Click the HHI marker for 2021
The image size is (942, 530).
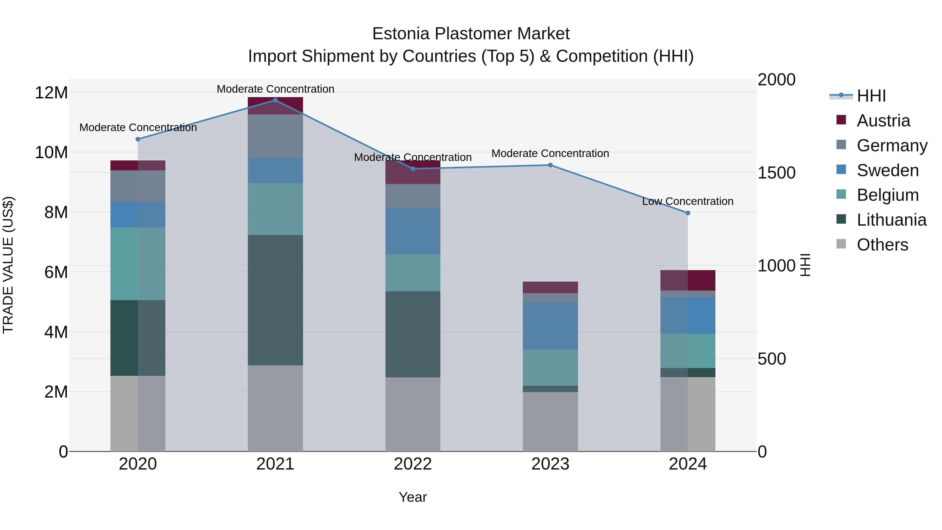click(275, 100)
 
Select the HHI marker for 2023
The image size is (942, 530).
click(550, 165)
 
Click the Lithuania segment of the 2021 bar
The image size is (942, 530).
click(275, 300)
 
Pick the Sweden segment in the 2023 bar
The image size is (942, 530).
click(550, 326)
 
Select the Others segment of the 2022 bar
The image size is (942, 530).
click(413, 414)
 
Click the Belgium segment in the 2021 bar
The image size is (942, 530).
click(275, 209)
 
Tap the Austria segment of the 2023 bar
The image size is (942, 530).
click(550, 287)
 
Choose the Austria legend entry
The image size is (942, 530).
click(883, 121)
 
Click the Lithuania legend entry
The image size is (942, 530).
click(891, 220)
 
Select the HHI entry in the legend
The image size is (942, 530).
click(871, 96)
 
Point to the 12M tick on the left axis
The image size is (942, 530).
click(51, 93)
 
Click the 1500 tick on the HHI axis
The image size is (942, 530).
click(776, 173)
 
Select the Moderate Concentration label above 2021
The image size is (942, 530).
click(275, 89)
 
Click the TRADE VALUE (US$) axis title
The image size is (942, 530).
click(8, 265)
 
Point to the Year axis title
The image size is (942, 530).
click(413, 497)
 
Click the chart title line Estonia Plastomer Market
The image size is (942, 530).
click(471, 34)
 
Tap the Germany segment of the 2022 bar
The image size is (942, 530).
click(413, 196)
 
